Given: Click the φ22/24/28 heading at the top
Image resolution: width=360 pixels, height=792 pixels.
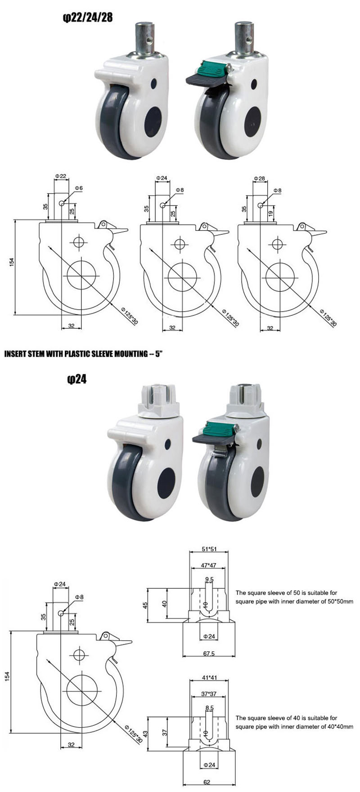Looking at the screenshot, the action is [x=87, y=18].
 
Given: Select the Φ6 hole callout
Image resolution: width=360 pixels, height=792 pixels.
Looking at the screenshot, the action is [x=79, y=187].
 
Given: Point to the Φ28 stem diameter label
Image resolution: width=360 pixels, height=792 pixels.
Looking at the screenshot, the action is [x=259, y=179].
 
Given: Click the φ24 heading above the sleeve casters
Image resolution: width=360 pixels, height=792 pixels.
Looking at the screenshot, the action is [x=76, y=380].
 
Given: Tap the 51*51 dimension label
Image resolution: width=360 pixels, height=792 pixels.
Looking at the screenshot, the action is [x=209, y=549].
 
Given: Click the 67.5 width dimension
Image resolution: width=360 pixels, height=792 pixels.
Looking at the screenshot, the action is [x=209, y=653].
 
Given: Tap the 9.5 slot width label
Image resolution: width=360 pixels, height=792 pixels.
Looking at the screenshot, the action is [x=209, y=579].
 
